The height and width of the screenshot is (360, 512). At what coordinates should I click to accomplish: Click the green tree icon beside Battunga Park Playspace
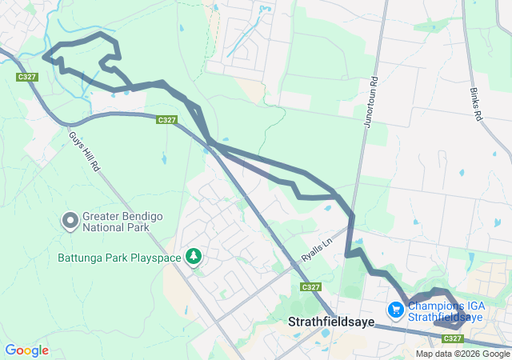click(192, 256)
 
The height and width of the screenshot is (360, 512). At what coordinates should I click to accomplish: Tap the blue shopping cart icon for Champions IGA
click(395, 309)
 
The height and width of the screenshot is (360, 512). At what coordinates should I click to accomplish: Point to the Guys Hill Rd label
click(83, 153)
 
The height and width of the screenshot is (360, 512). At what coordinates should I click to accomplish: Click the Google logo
click(26, 350)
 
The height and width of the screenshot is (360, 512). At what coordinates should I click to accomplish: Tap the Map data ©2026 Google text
click(462, 354)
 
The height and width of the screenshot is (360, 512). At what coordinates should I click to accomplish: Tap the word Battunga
click(78, 258)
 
